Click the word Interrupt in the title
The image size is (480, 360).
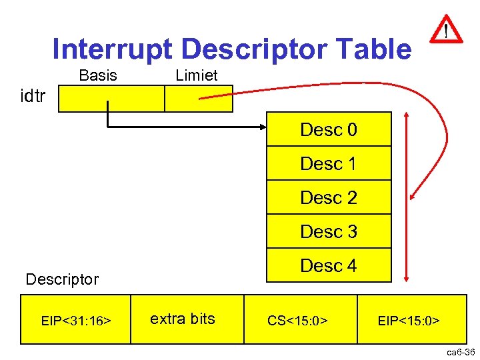coord(111,49)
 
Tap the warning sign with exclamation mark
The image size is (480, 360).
coord(445,30)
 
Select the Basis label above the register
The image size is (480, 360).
coord(97,75)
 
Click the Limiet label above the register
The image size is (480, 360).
coord(196,75)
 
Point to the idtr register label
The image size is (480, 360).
coord(33,97)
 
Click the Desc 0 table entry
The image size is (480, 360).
coord(329,129)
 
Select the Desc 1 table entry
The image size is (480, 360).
coord(329,163)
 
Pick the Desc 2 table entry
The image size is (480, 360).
coord(329,197)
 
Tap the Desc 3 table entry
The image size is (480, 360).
coord(329,231)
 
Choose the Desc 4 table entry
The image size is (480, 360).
coord(329,265)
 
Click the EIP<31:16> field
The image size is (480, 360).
coord(75,321)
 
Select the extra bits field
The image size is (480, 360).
coord(183,319)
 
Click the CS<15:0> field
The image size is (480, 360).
coord(297,321)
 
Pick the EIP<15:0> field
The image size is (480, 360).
coord(409,321)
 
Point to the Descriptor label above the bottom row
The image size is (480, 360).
coord(61,279)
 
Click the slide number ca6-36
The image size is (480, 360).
coord(460,352)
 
